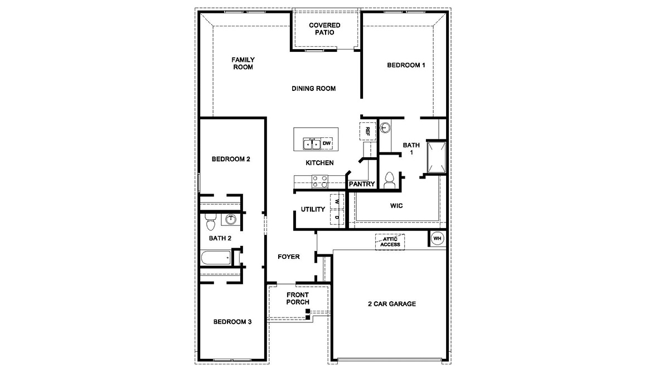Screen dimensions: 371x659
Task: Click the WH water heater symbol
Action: (437, 239)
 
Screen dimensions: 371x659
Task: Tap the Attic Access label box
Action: (390, 242)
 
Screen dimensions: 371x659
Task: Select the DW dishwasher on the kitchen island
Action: (327, 143)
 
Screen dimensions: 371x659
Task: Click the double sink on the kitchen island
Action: (311, 144)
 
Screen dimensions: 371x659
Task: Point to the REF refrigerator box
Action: (367, 131)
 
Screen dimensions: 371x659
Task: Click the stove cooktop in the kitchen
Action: (320, 181)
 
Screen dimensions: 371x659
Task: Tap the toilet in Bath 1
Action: (389, 179)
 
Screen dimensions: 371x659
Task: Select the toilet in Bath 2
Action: (210, 223)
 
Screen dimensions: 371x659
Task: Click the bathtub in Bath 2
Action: (216, 258)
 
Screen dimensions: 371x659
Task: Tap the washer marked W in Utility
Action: (337, 201)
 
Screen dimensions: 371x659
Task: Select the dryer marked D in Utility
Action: (337, 216)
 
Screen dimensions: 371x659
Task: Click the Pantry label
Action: (361, 184)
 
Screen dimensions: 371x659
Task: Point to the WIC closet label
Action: (396, 206)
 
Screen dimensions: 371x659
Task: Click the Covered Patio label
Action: (324, 29)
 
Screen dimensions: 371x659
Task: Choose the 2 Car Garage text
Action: (391, 304)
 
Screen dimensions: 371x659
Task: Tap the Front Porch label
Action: (298, 298)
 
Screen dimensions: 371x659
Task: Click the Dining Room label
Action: (313, 89)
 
